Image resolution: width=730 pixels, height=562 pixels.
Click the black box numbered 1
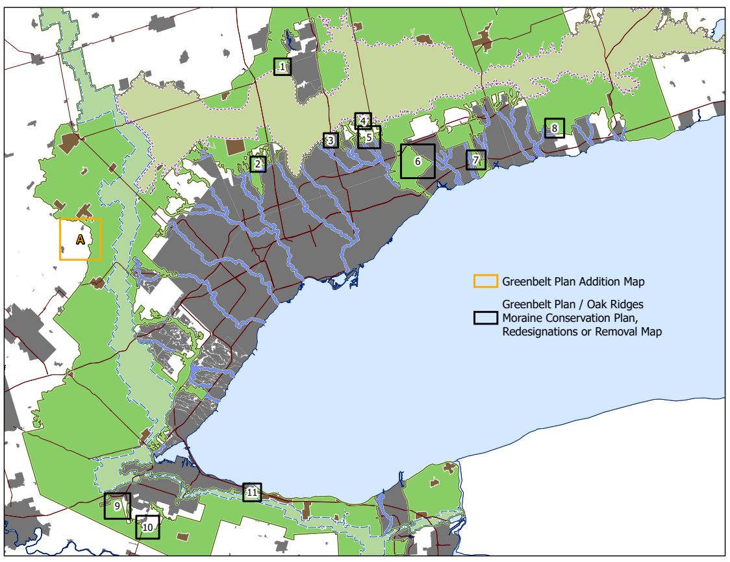[282, 66]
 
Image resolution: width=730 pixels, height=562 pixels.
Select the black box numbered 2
[258, 164]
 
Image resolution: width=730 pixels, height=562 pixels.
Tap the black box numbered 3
[331, 140]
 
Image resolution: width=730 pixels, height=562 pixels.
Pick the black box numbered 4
[363, 120]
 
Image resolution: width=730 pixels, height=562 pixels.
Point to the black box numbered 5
[369, 137]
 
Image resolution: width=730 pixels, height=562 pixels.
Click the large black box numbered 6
[418, 161]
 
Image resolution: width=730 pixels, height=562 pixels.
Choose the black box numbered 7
[475, 160]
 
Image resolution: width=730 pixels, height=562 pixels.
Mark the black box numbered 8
[554, 128]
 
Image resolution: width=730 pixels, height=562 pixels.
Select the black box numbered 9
[117, 506]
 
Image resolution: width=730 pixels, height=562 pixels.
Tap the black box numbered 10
[147, 528]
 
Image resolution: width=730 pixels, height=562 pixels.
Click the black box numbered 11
[252, 493]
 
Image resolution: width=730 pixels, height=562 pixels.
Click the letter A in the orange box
[81, 239]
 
